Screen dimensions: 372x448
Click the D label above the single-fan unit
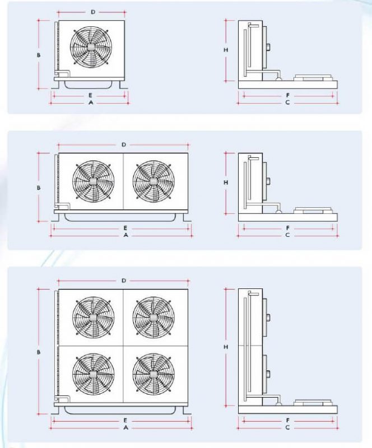click(x=93, y=12)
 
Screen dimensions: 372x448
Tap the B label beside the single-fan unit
click(x=39, y=55)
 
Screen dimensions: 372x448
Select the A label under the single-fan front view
click(x=91, y=102)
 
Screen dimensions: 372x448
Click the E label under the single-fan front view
click(x=90, y=95)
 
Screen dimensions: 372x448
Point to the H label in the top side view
click(x=226, y=50)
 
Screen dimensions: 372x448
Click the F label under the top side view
click(x=288, y=95)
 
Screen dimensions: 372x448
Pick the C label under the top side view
click(x=287, y=102)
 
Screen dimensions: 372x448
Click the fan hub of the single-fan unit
click(x=91, y=46)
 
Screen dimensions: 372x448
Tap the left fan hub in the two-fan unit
click(x=94, y=181)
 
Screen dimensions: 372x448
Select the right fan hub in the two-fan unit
click(x=154, y=181)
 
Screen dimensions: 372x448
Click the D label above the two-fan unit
click(x=124, y=145)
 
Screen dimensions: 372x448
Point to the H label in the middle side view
click(x=226, y=183)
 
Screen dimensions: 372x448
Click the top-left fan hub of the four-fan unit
click(x=94, y=318)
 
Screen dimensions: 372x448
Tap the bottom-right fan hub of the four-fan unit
click(x=154, y=374)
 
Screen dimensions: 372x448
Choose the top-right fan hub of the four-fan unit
click(x=154, y=318)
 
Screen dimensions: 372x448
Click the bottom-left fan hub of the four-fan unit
click(x=94, y=374)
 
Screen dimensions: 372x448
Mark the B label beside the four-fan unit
click(x=39, y=352)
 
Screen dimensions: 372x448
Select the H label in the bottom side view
click(x=226, y=347)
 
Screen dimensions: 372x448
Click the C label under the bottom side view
click(x=287, y=427)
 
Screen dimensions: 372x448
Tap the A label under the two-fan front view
click(x=126, y=235)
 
